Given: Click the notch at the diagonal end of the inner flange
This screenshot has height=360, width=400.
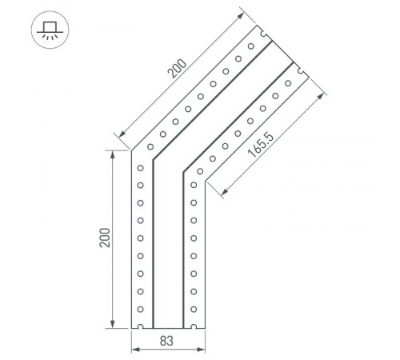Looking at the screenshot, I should pos(300,70).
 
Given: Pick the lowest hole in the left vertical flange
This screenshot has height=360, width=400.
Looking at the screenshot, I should pos(142,310).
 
